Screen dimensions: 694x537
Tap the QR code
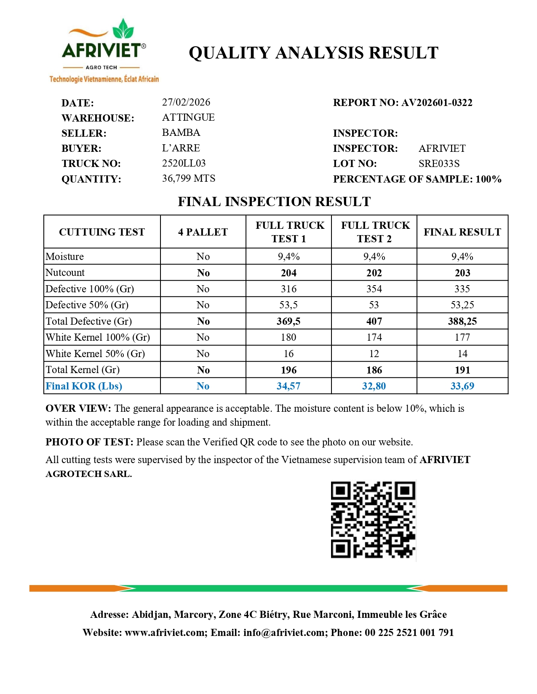373,520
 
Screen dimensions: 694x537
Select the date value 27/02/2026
186,102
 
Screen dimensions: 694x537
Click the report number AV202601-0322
437,103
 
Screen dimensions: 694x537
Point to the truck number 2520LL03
184,163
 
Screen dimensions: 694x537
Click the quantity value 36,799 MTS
188,178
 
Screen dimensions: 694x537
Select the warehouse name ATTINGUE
188,117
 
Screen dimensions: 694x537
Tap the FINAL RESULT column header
462,232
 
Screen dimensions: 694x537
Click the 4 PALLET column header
203,232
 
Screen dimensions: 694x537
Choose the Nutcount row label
65,273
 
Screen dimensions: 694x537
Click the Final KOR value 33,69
462,386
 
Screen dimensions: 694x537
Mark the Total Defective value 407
374,321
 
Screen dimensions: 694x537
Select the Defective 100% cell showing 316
289,289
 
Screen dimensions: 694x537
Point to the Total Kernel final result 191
462,370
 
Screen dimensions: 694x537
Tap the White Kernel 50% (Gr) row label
95,354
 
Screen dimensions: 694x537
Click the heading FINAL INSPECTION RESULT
274,201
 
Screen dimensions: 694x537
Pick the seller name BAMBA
181,132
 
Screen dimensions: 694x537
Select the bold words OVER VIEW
78,408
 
